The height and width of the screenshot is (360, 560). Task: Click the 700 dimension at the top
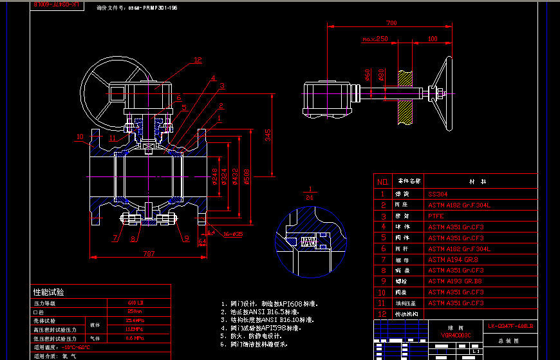pos(391,23)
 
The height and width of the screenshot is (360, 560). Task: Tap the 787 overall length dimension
pos(149,252)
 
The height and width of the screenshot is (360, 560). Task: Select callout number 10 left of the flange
pos(79,137)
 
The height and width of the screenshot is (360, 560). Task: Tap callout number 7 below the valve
pos(116,238)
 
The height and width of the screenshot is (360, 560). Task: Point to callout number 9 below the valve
pos(186,238)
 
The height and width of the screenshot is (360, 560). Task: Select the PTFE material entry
pos(436,216)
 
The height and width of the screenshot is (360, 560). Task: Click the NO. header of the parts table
pos(382,182)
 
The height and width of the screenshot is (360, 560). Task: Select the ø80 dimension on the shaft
pos(382,75)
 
